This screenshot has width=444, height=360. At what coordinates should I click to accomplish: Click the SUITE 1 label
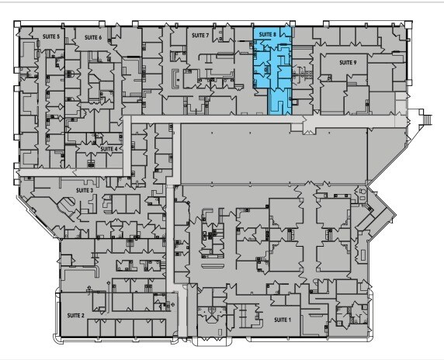pyautogui.click(x=282, y=320)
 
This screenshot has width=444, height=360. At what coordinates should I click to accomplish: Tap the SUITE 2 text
pyautogui.click(x=75, y=317)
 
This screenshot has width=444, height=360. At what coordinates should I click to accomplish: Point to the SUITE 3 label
pyautogui.click(x=85, y=189)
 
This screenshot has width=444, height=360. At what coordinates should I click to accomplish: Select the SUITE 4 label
pyautogui.click(x=109, y=147)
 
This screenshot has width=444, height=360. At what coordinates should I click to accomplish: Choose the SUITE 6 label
pyautogui.click(x=93, y=36)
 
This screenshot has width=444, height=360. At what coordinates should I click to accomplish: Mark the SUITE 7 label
pyautogui.click(x=200, y=35)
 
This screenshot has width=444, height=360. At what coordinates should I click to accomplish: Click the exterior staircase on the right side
pyautogui.click(x=424, y=119)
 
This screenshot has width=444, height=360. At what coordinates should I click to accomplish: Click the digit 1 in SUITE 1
pyautogui.click(x=290, y=320)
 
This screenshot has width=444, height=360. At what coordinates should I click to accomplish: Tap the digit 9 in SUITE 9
pyautogui.click(x=356, y=61)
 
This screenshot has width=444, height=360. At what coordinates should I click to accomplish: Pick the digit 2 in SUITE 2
pyautogui.click(x=83, y=317)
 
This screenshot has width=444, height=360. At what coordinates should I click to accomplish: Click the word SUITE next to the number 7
pyautogui.click(x=198, y=35)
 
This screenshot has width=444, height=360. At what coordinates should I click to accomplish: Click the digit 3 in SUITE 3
pyautogui.click(x=92, y=189)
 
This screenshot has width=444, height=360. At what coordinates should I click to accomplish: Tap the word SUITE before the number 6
pyautogui.click(x=91, y=36)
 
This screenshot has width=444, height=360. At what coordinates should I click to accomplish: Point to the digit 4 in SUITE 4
pyautogui.click(x=116, y=147)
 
